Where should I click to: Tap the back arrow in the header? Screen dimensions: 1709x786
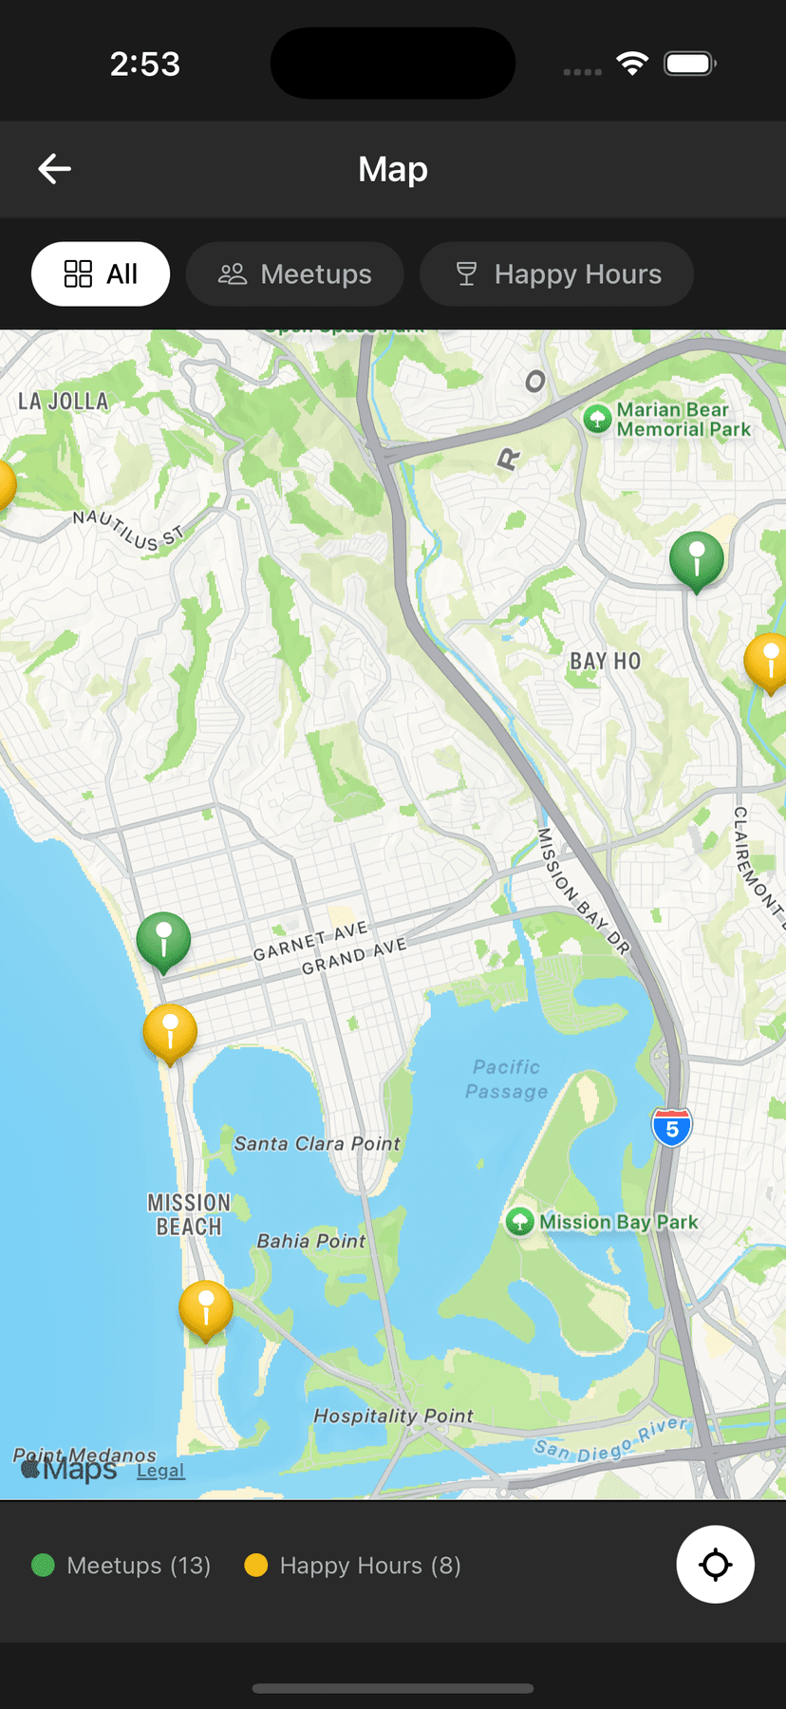(55, 169)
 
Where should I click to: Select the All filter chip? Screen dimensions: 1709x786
(101, 274)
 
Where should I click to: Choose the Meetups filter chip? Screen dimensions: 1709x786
(295, 274)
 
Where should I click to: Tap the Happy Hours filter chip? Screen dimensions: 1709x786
(557, 274)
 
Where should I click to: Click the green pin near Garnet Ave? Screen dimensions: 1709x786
(163, 940)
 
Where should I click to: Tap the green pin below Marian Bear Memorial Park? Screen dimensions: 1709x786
(697, 559)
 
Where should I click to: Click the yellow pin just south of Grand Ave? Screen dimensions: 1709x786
(170, 1031)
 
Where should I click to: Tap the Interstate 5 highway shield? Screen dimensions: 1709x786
(672, 1128)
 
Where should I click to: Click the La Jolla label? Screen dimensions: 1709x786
(64, 402)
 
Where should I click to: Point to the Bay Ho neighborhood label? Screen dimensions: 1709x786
(605, 662)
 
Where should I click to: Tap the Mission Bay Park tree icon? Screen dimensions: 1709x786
(519, 1222)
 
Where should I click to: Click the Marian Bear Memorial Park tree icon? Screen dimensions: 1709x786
(597, 419)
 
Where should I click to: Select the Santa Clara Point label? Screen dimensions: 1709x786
(317, 1144)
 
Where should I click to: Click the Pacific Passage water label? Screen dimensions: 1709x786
(507, 1080)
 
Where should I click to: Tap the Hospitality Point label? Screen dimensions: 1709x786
(393, 1416)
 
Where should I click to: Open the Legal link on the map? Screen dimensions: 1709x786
(160, 1471)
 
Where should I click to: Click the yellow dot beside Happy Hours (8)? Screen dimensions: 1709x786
(255, 1566)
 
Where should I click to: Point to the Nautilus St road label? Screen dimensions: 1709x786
(128, 530)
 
